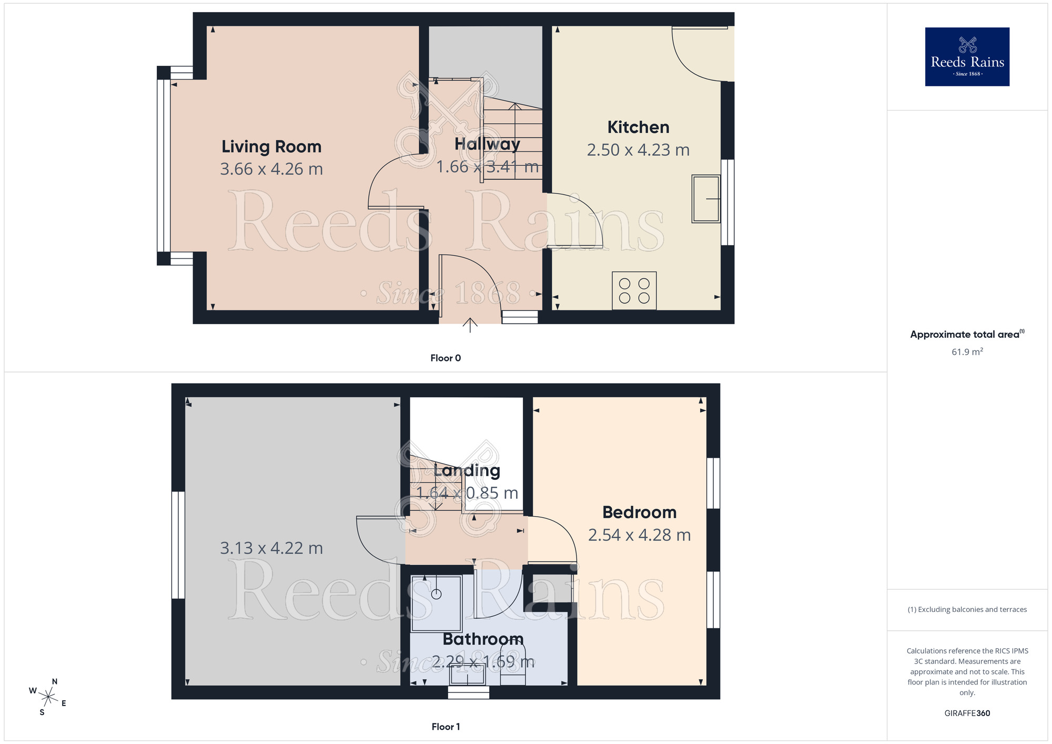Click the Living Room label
[x=271, y=146]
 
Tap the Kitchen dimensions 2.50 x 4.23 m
[x=638, y=150]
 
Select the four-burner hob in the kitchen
[x=634, y=290]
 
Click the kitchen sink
[x=706, y=199]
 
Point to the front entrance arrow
[x=470, y=325]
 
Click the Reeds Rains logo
[x=967, y=57]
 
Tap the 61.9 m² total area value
[x=967, y=351]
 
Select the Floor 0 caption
[x=446, y=358]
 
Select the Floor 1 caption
[x=446, y=727]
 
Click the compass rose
[x=48, y=697]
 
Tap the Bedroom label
[x=639, y=512]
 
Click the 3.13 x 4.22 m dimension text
[x=271, y=548]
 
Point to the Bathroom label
[x=483, y=639]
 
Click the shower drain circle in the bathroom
[x=437, y=594]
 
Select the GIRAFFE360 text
[x=967, y=713]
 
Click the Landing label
[x=467, y=470]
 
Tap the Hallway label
[x=487, y=144]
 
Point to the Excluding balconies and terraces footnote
[x=967, y=609]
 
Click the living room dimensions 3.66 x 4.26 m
[x=271, y=169]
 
